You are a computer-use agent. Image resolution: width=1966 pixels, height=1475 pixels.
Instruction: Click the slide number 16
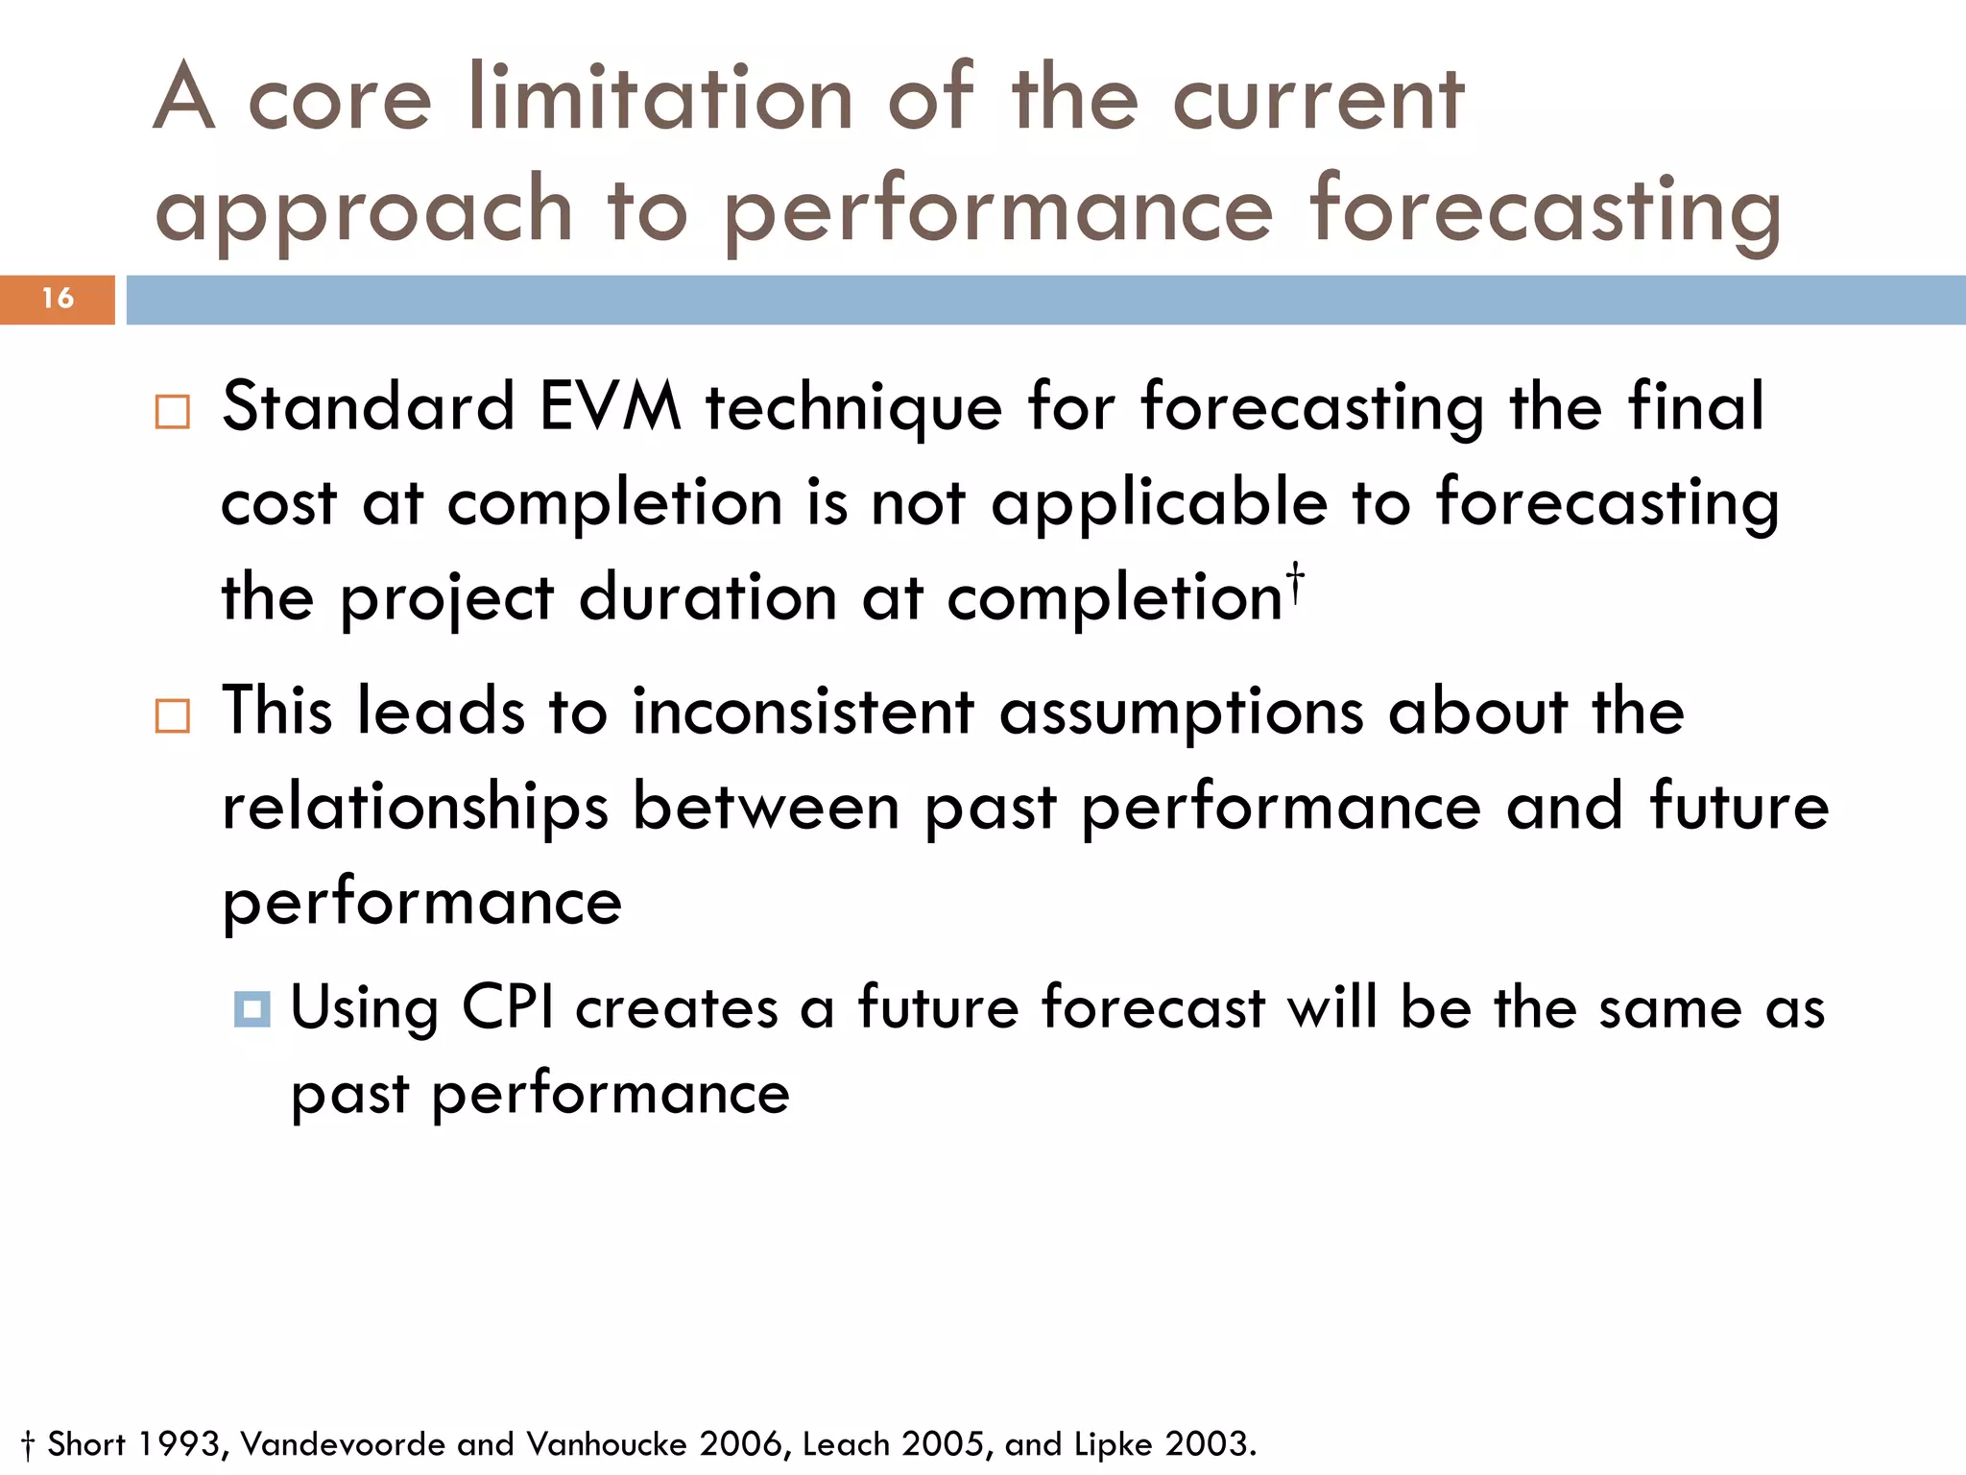[58, 299]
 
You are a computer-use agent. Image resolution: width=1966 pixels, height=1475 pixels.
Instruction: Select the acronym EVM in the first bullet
[611, 407]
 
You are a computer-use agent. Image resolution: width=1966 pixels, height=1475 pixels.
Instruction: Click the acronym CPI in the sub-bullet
[508, 1008]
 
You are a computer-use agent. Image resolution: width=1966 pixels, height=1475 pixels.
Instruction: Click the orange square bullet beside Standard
[173, 412]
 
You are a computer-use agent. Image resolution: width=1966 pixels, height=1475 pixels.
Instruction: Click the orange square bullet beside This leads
[173, 716]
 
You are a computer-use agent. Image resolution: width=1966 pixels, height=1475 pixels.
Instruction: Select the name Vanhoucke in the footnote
[609, 1444]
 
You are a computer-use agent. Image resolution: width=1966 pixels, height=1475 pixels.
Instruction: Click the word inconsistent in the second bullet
[803, 713]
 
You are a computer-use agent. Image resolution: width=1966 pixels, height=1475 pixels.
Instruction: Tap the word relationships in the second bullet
[415, 808]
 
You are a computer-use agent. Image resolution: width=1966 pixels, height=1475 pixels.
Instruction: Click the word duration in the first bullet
[708, 598]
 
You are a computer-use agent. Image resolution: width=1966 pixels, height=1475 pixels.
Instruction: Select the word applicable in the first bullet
[1160, 504]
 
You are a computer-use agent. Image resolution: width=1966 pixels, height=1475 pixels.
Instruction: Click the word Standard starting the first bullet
[369, 407]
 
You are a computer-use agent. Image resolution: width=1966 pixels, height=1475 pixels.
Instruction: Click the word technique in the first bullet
[854, 407]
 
